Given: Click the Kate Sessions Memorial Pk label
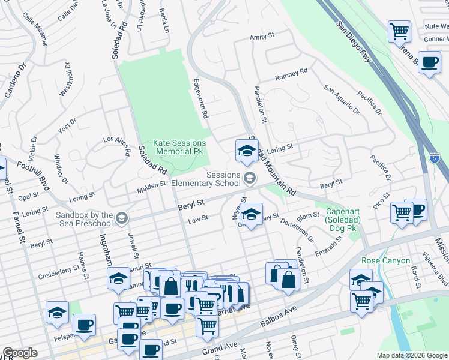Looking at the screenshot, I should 179,148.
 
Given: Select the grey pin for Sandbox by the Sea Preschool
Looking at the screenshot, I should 122,217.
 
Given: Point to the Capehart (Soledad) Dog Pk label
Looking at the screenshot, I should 346,217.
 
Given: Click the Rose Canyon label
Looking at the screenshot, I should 385,260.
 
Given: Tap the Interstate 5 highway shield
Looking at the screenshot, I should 434,158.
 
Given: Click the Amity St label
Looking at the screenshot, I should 262,37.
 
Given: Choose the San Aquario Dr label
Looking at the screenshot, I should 342,99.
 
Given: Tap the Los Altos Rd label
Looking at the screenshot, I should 116,146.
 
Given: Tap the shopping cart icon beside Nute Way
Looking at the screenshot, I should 399,31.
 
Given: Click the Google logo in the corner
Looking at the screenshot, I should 20,353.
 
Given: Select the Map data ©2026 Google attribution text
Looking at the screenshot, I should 411,355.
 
